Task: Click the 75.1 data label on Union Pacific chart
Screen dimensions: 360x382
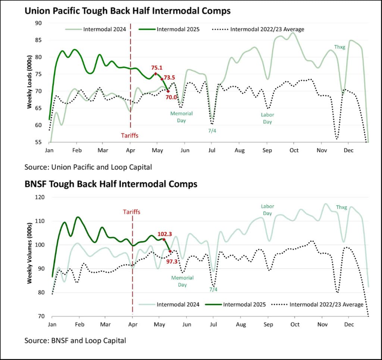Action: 157,68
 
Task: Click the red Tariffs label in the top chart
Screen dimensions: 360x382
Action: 130,135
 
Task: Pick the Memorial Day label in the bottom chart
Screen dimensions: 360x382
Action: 182,281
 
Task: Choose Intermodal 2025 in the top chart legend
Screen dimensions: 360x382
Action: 178,29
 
